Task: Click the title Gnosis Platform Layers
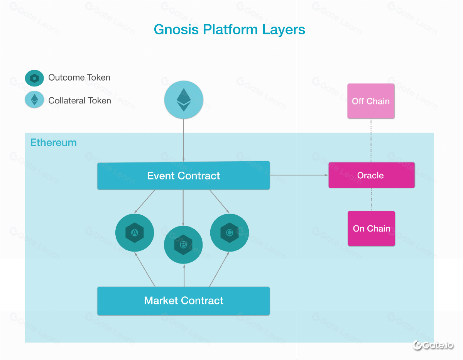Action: click(230, 30)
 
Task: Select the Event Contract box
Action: click(183, 176)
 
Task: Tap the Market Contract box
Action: click(183, 301)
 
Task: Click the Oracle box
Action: click(371, 175)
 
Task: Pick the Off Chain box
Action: click(371, 101)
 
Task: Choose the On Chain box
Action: click(371, 228)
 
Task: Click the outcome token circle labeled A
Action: click(135, 233)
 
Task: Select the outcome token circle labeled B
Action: click(183, 245)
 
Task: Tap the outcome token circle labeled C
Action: click(229, 233)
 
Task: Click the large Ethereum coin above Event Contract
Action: click(184, 100)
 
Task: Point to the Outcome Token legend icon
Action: click(34, 78)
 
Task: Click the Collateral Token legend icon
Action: click(34, 100)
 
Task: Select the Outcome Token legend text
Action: click(79, 78)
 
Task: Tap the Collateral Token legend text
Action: click(79, 101)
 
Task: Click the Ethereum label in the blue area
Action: click(53, 143)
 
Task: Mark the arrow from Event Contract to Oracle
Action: click(299, 175)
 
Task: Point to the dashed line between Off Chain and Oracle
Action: click(371, 140)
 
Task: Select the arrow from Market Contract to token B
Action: click(184, 276)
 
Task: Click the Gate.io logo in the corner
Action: click(433, 345)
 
